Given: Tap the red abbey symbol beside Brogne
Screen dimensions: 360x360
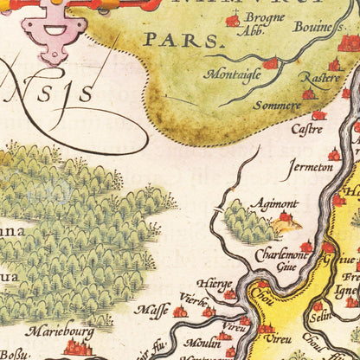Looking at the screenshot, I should (232, 20).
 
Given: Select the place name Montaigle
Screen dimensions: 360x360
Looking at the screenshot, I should (232, 74).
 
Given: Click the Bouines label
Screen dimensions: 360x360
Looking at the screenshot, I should (319, 29).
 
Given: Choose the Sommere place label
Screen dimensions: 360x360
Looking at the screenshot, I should (276, 106).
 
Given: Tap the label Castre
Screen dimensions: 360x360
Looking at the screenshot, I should (307, 129).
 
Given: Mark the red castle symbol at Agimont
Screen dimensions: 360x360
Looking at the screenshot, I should (285, 216).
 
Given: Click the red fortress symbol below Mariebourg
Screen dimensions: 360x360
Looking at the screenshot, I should (78, 348).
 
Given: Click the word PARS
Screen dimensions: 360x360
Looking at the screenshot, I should (170, 40).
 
